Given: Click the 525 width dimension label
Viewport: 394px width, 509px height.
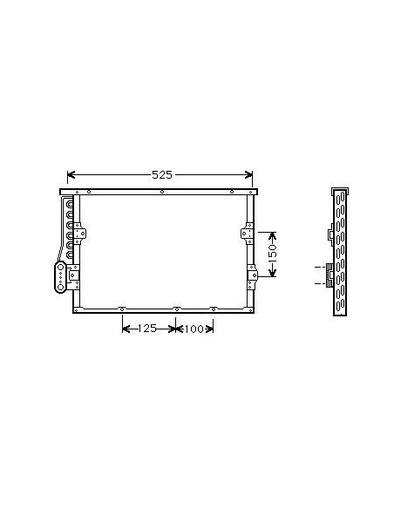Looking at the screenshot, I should (161, 174).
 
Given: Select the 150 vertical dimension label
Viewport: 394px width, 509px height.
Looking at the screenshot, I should (272, 254).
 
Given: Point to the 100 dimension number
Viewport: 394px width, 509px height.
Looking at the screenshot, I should (193, 329).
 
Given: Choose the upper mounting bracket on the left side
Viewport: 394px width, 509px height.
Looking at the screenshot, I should (82, 234).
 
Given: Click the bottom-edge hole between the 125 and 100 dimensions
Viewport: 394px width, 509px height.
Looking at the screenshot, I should (176, 309).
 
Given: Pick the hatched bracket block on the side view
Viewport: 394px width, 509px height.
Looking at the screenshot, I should (329, 274).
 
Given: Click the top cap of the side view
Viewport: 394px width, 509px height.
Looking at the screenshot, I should (341, 192).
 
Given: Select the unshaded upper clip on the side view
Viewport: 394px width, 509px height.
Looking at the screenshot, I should (329, 234).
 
